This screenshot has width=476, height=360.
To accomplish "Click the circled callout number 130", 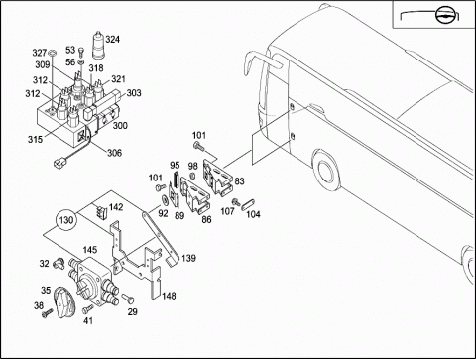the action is coord(66,220).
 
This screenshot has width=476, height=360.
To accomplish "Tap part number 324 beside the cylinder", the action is coord(112,40).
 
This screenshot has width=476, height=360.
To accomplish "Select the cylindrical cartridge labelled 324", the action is coord(97,45).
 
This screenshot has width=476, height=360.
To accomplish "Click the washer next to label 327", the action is coord(52,53).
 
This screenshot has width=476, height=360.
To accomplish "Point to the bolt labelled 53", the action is coord(81,53).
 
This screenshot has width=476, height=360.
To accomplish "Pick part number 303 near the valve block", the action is coord(134,93).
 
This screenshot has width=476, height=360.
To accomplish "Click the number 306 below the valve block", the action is coord(114,153).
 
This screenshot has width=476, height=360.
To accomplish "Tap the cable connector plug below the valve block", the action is coord(59,163).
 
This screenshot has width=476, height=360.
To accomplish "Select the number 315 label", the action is coord(35,140).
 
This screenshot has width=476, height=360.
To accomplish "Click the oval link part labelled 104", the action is coord(248,204).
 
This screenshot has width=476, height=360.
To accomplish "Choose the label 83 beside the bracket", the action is coord(239,181).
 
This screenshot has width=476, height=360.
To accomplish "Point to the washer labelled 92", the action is coord(164,200).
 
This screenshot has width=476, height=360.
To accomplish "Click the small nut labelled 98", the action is coord(191,176).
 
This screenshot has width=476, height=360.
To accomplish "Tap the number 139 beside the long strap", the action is coord(188,258).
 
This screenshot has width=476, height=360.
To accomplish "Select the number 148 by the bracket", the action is coord(169,296).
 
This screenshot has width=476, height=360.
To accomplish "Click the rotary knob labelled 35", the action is coord(65,302).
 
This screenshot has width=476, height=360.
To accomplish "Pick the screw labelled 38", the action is coord(47,312).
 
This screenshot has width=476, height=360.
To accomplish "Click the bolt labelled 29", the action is coord(128,299).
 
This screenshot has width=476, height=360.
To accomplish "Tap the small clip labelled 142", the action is coord(101,211).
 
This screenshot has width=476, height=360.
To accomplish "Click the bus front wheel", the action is coord(325,175).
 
